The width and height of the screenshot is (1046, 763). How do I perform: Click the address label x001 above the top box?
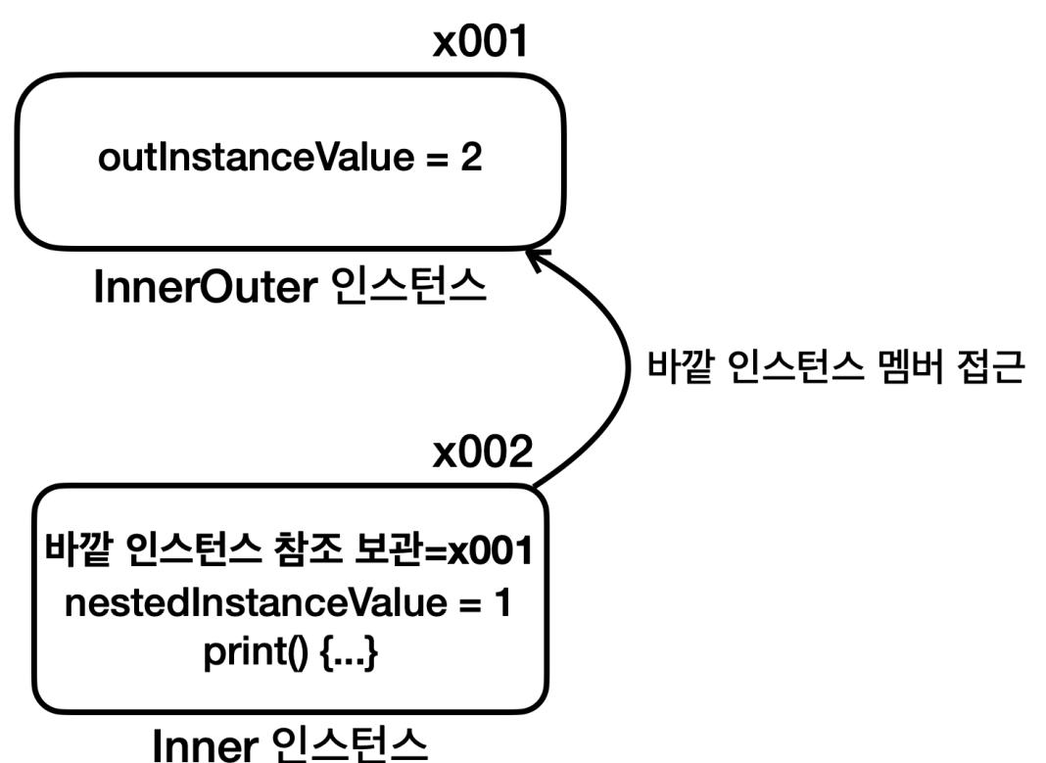coord(480,41)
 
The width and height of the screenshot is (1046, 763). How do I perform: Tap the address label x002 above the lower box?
coord(483,453)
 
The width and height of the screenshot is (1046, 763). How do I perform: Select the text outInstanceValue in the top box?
coord(257,158)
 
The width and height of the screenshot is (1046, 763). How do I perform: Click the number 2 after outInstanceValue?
coord(471,157)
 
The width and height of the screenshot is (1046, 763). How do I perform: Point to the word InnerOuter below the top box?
coord(206,287)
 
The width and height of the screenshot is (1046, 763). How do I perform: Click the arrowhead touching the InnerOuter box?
coord(538,259)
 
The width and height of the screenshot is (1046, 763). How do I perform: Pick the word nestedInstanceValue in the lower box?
coord(257,603)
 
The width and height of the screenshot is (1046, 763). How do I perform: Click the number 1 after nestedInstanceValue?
coord(501,602)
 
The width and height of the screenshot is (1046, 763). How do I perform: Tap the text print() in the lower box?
coord(256,652)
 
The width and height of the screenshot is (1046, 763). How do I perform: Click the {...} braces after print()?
coord(350,652)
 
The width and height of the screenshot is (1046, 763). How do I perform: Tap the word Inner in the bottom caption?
coord(206,745)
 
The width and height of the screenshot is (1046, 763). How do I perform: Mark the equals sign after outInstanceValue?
coord(438,159)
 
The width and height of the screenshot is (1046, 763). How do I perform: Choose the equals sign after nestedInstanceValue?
coord(470,604)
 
